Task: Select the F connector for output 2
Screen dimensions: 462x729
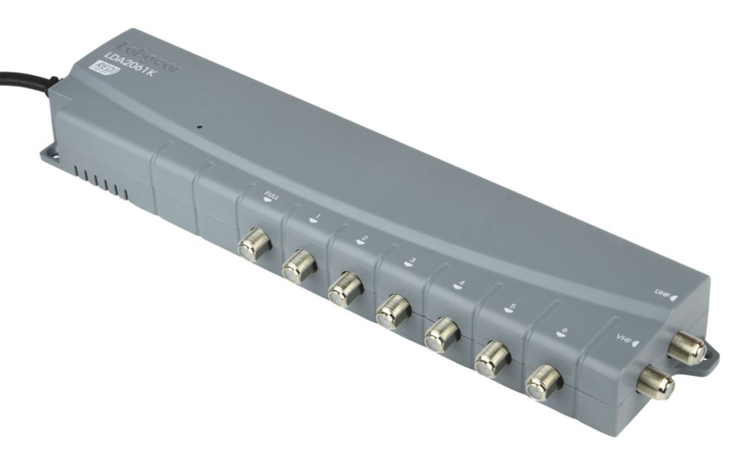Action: click(x=345, y=288)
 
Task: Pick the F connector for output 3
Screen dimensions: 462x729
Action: click(x=393, y=311)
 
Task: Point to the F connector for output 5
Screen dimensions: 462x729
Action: click(x=491, y=359)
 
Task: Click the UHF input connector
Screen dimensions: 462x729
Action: click(x=686, y=348)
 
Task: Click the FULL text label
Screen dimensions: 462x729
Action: click(x=272, y=194)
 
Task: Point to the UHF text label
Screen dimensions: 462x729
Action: click(x=662, y=294)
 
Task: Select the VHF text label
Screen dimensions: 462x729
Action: click(x=624, y=337)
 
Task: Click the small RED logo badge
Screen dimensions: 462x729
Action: click(x=96, y=68)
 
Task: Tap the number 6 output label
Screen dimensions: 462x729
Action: click(x=560, y=332)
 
